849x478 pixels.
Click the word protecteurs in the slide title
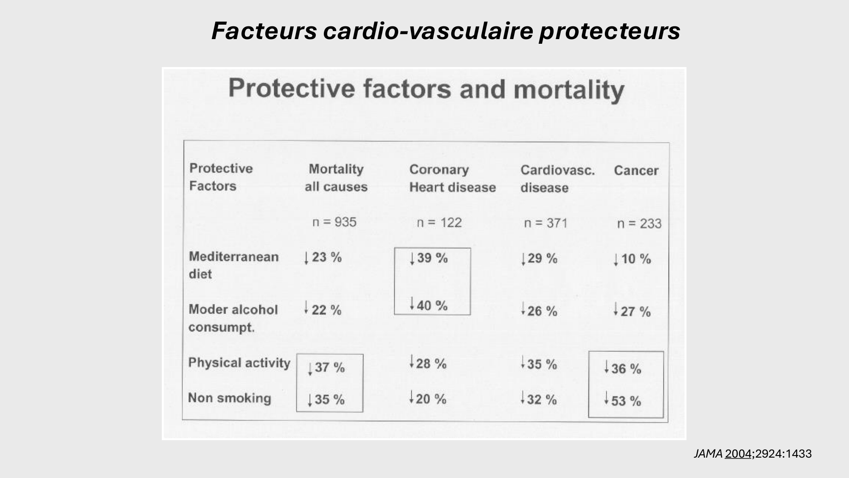tap(610, 31)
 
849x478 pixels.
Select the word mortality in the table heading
tap(569, 91)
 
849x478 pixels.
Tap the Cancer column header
tap(636, 171)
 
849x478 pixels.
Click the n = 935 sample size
tap(335, 222)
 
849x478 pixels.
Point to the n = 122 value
tap(439, 223)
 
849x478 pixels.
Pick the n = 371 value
tap(546, 223)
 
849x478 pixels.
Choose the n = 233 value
tap(639, 223)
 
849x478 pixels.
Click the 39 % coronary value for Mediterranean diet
tap(432, 258)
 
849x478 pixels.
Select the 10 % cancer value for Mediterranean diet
tap(636, 259)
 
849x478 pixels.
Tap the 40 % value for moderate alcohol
tap(432, 305)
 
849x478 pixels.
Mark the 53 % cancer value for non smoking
tap(626, 401)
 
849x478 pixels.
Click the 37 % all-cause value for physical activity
tap(329, 368)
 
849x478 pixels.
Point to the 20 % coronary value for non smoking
tap(431, 399)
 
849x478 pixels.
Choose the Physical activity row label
tap(239, 363)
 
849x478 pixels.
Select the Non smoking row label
tap(230, 398)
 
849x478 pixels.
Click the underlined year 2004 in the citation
tap(738, 454)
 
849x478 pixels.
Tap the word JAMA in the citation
tap(708, 454)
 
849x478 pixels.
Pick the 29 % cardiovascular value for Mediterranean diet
tap(542, 258)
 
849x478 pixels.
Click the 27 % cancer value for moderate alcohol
tap(635, 311)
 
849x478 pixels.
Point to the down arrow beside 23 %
tap(306, 258)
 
